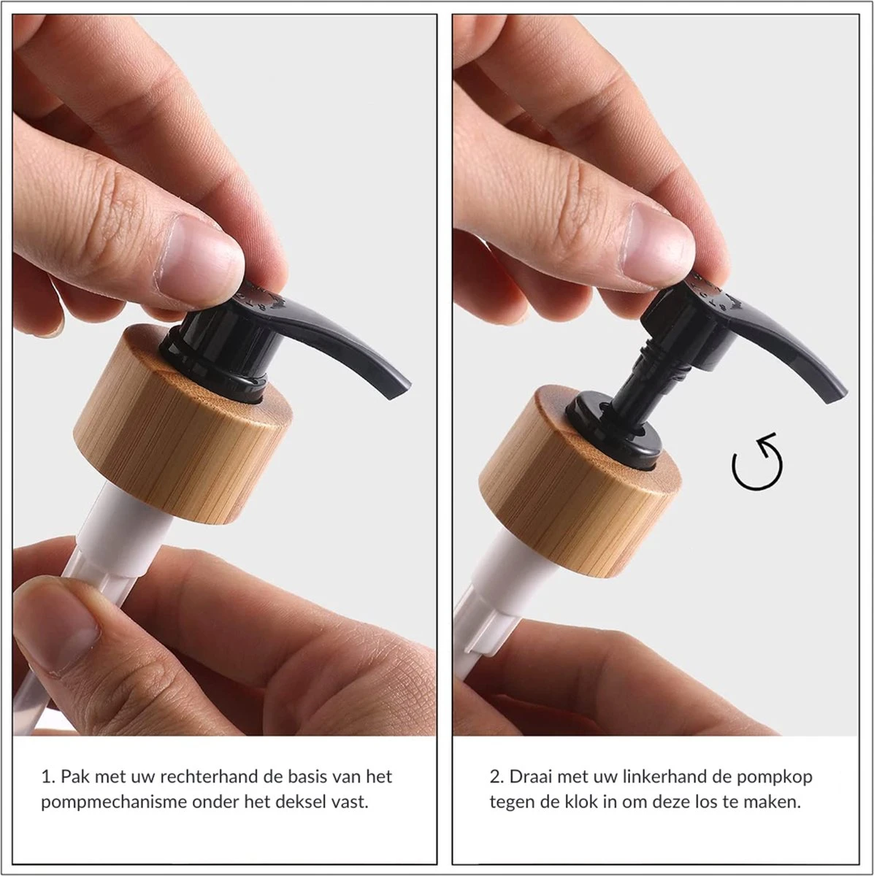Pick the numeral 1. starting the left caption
47,777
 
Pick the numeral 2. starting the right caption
496,777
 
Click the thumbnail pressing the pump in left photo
199,256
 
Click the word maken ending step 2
775,802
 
